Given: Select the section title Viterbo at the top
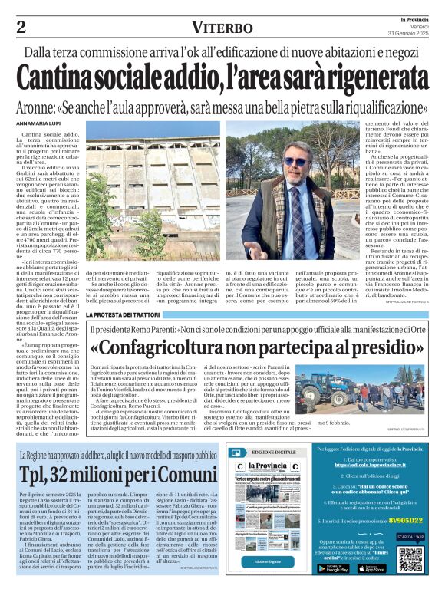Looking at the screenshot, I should tap(222, 28).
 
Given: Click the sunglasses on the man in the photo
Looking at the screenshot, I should tap(295, 161).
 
